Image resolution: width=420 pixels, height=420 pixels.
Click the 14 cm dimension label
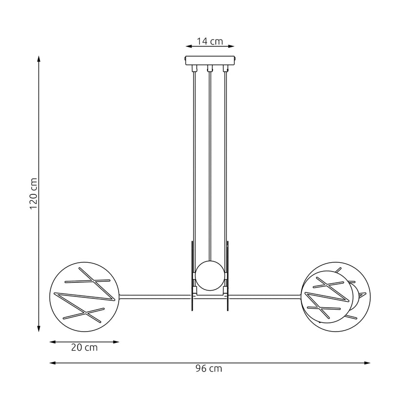(210, 42)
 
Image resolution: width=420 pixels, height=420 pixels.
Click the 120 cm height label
(33, 193)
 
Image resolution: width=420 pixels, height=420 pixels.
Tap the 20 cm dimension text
(84, 348)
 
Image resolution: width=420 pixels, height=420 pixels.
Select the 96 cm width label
(210, 369)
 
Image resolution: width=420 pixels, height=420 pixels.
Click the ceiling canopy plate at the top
(210, 60)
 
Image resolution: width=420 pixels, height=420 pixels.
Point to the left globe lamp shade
(85, 295)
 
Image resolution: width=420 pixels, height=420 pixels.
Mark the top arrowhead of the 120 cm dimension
(39, 59)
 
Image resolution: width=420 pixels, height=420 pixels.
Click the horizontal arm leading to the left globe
(154, 295)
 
